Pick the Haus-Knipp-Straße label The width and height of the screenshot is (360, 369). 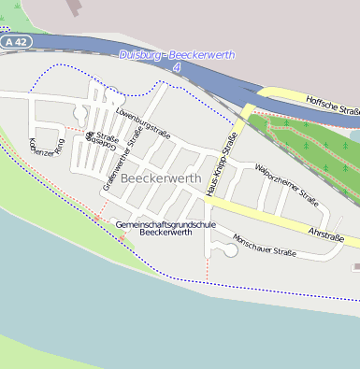[x=222, y=163]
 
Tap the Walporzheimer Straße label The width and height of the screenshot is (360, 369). [x=287, y=184]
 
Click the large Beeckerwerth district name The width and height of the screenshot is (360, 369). [x=161, y=177]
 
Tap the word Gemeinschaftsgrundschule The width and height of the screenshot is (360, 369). [x=167, y=224]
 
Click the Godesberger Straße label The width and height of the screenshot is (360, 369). [x=103, y=141]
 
